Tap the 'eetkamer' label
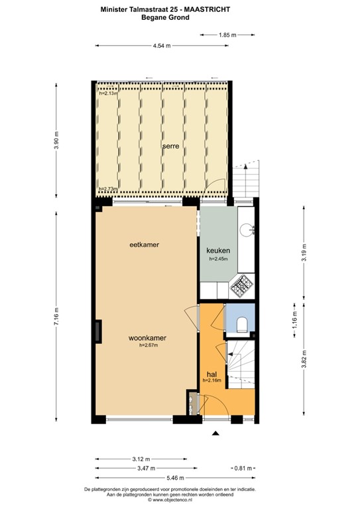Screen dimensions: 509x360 point(145,245)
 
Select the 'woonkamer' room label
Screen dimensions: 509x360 point(147,337)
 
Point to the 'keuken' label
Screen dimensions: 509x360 point(217,251)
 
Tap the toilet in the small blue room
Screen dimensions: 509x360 point(241,324)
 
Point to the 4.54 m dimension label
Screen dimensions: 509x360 point(162,45)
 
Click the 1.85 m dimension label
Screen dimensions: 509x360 point(227,34)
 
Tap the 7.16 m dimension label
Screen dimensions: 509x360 point(58,319)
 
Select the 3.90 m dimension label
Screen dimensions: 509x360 point(58,141)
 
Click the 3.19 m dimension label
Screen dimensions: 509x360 point(304,254)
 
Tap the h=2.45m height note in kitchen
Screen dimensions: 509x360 point(218,259)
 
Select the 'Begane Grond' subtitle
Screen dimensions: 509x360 point(165,18)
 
